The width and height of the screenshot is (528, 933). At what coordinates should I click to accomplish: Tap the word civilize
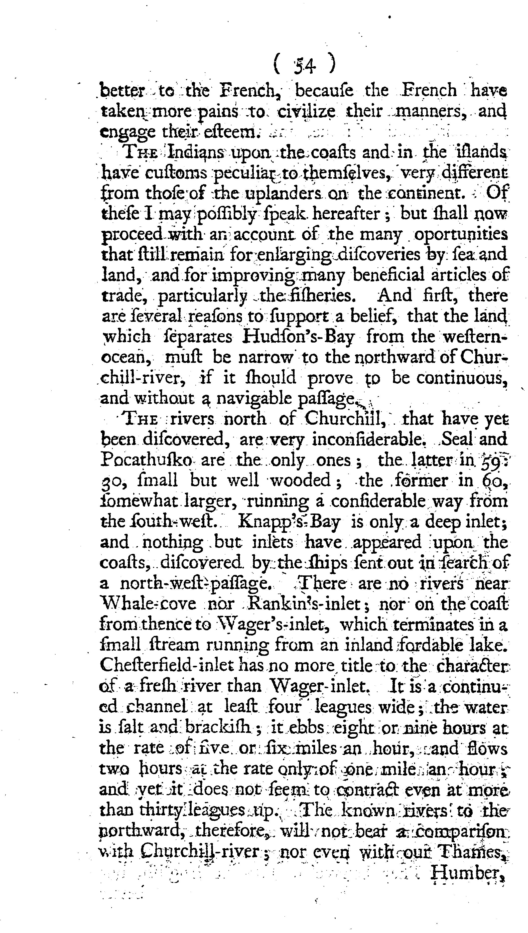click(x=306, y=111)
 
